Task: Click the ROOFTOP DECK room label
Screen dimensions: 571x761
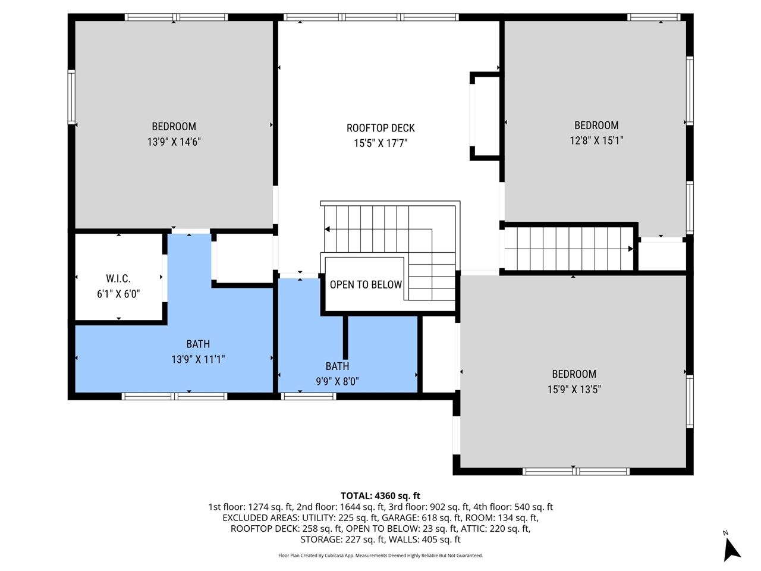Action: click(x=380, y=128)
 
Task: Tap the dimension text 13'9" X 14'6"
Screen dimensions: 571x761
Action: click(x=174, y=142)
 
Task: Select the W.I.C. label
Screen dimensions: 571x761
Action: click(x=118, y=278)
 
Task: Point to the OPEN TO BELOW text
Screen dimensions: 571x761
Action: click(x=366, y=285)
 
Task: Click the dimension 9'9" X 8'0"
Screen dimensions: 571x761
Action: click(x=337, y=382)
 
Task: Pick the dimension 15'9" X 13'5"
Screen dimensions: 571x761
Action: click(x=574, y=390)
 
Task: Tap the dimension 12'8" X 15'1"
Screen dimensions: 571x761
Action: click(x=596, y=141)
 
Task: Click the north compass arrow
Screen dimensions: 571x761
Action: click(x=731, y=548)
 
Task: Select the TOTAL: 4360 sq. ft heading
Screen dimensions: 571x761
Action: click(x=380, y=495)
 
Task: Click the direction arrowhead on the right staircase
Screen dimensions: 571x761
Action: click(x=630, y=249)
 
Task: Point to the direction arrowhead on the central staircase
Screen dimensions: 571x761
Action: click(x=328, y=229)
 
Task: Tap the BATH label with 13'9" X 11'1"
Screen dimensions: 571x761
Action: click(x=198, y=344)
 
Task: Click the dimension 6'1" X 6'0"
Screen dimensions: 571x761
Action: click(x=118, y=294)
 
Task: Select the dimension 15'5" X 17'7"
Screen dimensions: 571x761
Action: click(x=380, y=143)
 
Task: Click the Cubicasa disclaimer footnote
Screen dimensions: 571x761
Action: click(x=380, y=556)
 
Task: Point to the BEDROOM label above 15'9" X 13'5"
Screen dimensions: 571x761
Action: click(x=574, y=374)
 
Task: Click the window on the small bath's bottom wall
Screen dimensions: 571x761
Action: click(x=309, y=396)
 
